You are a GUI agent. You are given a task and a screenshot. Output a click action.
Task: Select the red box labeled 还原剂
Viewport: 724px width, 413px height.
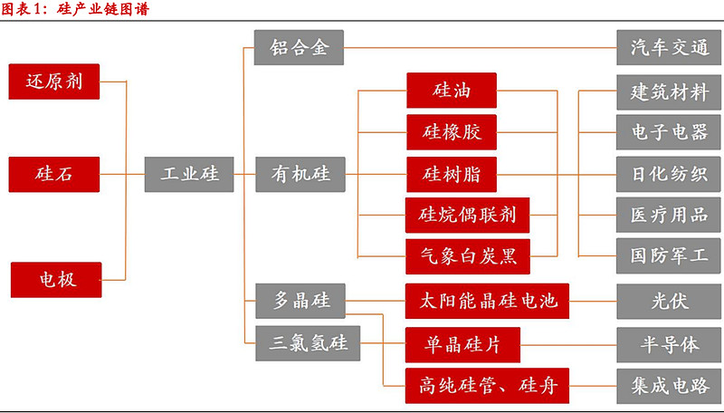[54, 82]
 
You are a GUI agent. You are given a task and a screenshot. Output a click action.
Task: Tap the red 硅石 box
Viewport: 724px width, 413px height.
[54, 173]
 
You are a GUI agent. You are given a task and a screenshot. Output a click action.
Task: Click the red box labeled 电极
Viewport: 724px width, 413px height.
[56, 279]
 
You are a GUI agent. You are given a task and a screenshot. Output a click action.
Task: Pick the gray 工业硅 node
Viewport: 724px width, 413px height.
[189, 173]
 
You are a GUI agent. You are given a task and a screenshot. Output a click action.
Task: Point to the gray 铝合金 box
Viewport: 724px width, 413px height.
[299, 47]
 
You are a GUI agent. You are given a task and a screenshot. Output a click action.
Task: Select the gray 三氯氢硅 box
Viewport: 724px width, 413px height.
[309, 343]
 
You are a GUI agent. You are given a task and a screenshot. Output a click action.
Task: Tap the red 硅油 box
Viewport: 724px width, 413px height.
[452, 91]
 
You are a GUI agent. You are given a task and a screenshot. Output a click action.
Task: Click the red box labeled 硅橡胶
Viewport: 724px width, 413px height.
[452, 132]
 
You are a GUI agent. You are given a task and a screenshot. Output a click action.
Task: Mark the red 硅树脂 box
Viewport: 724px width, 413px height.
[452, 173]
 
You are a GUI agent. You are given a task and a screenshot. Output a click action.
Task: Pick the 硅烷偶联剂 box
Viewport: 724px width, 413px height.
[467, 216]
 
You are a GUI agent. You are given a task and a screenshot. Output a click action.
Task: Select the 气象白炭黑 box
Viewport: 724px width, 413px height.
[467, 256]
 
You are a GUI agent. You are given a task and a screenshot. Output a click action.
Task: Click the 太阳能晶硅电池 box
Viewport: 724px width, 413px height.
[487, 300]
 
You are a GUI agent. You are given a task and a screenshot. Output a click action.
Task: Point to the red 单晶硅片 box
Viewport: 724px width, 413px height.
[462, 344]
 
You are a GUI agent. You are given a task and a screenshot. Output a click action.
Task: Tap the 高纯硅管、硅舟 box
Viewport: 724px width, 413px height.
[487, 386]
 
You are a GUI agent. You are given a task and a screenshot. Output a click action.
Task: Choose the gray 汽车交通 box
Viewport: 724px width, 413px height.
[669, 47]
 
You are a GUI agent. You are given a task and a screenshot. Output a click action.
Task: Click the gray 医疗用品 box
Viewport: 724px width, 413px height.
[669, 216]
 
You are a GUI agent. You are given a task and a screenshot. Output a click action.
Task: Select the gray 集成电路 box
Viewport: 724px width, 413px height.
[669, 386]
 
